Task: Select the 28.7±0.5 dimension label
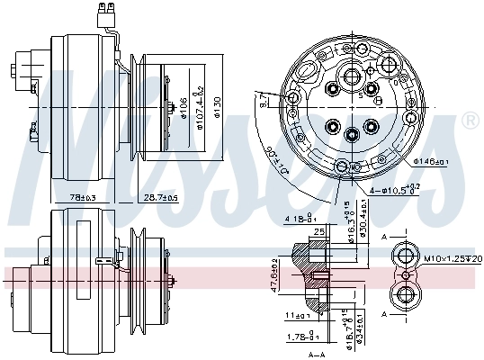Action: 162,197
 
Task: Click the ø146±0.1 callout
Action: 433,162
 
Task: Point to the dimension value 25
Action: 319,231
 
